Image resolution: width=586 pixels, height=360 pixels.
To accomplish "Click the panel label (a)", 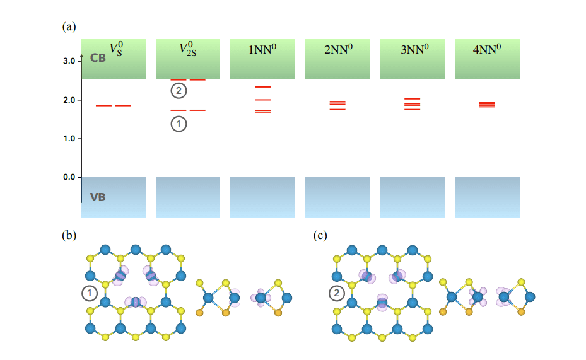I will [69, 27].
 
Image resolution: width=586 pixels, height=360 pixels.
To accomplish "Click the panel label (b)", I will [69, 236].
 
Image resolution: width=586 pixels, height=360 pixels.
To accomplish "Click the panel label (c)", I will [321, 236].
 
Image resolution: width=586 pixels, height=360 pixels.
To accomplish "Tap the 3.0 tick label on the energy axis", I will [69, 61].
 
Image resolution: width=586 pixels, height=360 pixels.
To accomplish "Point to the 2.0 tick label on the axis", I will [69, 100].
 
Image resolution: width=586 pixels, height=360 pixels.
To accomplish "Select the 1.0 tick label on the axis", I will [69, 139].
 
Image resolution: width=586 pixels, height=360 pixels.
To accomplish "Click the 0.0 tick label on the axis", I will [69, 178].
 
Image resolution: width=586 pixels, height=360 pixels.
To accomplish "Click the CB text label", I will [98, 58].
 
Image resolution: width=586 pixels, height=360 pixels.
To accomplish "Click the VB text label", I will [98, 197].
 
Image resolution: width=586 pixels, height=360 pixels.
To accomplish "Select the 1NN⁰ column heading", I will [262, 50].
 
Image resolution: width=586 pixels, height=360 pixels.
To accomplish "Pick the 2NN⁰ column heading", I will [337, 50].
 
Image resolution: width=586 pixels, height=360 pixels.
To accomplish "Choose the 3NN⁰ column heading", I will [413, 50].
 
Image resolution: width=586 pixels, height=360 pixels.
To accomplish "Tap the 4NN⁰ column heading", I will [487, 50].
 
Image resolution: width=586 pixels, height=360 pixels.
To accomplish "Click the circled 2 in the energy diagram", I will [179, 91].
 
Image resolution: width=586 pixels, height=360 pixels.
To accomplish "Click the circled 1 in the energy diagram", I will [179, 124].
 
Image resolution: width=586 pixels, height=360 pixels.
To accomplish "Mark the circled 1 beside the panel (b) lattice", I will [90, 293].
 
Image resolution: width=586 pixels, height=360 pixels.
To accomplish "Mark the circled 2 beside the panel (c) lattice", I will [337, 293].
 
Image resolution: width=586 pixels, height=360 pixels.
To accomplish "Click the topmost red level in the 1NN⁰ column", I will [262, 86].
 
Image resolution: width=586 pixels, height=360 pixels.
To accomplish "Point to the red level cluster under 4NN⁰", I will [487, 105].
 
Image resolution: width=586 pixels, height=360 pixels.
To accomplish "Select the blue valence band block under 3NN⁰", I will [413, 197].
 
